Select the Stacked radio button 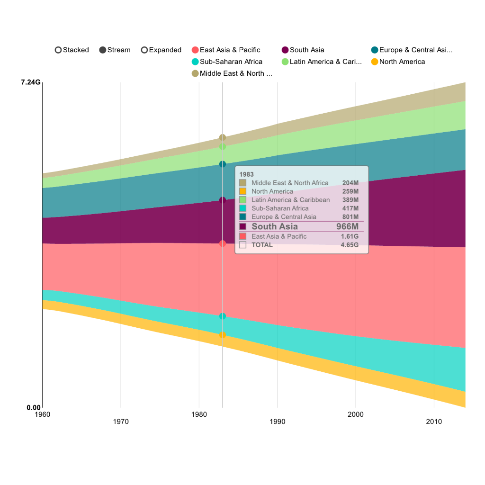click(x=58, y=50)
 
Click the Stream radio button click(x=103, y=50)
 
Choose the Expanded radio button click(x=144, y=50)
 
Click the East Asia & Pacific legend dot click(x=195, y=50)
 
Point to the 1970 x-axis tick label click(x=121, y=422)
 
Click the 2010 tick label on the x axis click(x=434, y=422)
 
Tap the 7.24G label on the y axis click(x=30, y=82)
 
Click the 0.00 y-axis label click(x=33, y=408)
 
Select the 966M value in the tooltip click(x=347, y=226)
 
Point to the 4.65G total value click(x=350, y=245)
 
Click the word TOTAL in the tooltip click(x=262, y=245)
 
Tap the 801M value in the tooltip click(x=350, y=216)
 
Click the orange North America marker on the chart click(x=223, y=335)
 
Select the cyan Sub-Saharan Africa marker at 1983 click(x=223, y=316)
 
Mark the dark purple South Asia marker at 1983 click(x=223, y=200)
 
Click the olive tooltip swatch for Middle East click(x=243, y=183)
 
